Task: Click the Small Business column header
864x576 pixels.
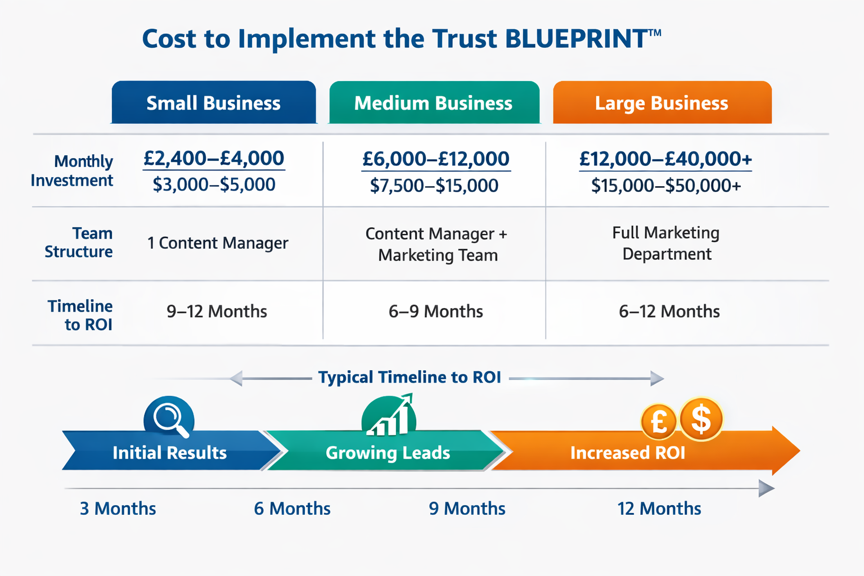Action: click(214, 103)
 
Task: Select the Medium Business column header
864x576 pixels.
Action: click(433, 103)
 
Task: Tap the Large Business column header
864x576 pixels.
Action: click(661, 103)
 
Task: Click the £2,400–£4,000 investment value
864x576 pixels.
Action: click(214, 158)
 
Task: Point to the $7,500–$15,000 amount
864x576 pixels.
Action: click(434, 185)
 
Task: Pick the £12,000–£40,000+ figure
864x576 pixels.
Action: click(665, 159)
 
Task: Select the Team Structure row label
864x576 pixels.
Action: click(79, 242)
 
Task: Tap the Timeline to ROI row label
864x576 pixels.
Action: click(80, 315)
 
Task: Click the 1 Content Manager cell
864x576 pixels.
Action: click(218, 243)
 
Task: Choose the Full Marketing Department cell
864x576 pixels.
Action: click(667, 243)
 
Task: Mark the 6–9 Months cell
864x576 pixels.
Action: click(436, 312)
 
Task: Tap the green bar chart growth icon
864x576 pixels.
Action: click(389, 417)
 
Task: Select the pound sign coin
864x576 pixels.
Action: click(659, 421)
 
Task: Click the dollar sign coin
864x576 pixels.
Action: click(701, 419)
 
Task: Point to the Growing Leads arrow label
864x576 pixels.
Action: click(388, 453)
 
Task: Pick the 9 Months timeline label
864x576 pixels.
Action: click(467, 508)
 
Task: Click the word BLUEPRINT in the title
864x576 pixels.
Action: click(575, 39)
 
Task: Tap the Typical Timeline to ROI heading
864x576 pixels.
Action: click(409, 377)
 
